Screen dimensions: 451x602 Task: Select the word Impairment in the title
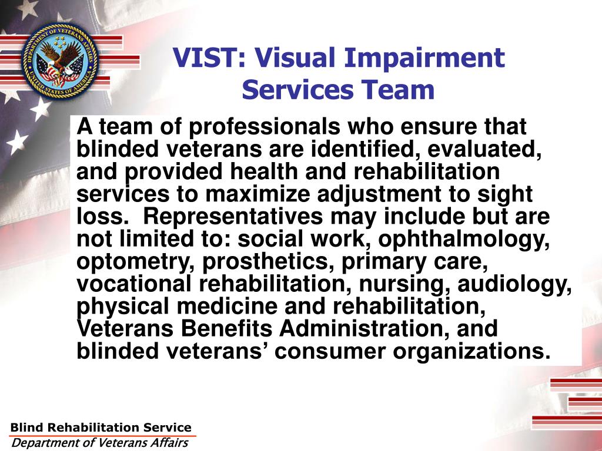click(424, 59)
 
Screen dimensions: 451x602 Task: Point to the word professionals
click(266, 127)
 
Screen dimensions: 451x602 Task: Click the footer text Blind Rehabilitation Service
click(101, 428)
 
